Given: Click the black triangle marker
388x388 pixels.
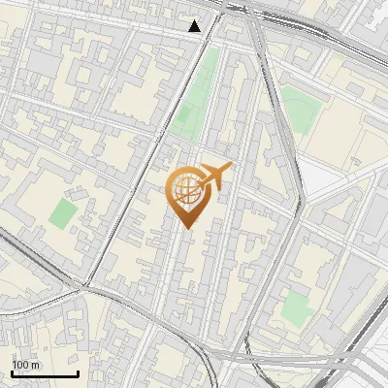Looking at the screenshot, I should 195,26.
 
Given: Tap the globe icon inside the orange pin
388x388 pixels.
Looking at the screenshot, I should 186,189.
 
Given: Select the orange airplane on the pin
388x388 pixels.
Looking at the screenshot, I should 214,176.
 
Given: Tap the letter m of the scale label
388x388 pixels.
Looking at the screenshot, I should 36,365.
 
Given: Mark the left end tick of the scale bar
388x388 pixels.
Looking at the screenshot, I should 12,372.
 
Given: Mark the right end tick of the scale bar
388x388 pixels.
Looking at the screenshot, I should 78,372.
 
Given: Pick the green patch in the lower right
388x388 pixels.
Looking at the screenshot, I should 296,308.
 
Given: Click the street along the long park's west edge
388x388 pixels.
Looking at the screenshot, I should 176,97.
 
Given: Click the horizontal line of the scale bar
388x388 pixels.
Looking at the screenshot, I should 45,373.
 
